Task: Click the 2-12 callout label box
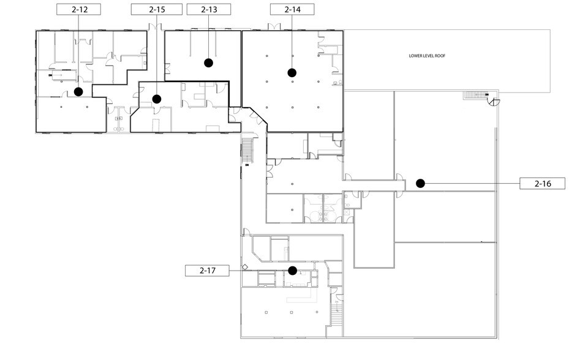[78, 9]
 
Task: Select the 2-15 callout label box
[157, 9]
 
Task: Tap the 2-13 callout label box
[209, 9]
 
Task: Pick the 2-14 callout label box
[292, 9]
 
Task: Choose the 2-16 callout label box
[541, 183]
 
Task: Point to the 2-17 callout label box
[207, 270]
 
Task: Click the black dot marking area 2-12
[78, 92]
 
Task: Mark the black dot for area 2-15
[157, 99]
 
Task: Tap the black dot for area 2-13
[208, 62]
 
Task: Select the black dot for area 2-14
[292, 72]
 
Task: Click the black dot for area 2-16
[420, 183]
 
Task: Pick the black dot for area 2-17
[293, 270]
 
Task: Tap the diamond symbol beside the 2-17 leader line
[244, 267]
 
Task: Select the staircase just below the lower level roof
[473, 95]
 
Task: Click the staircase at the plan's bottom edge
[336, 317]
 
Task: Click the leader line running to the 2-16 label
[472, 183]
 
